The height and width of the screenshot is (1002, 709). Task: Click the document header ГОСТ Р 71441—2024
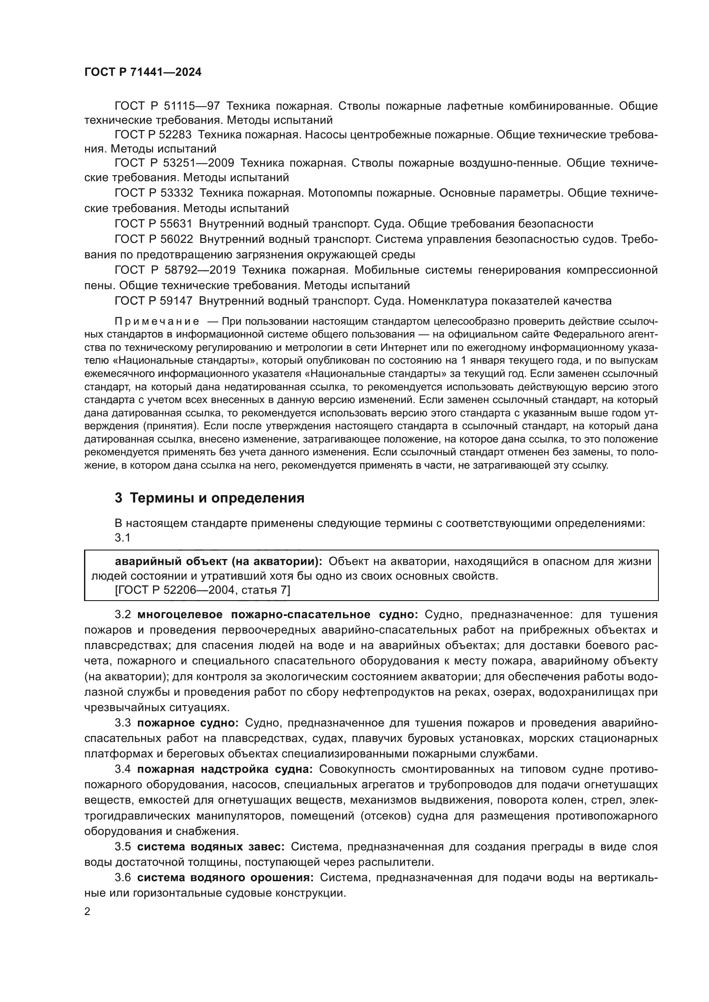coord(143,72)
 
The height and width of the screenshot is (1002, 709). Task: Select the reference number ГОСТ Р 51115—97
coord(167,106)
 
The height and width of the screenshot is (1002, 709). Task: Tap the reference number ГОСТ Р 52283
coord(154,135)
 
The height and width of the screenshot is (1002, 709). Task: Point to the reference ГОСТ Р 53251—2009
coord(174,163)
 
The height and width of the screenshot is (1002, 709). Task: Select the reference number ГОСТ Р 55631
coord(154,224)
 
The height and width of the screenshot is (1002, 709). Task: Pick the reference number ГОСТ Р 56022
coord(154,239)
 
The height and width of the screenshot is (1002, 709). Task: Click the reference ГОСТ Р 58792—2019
coord(174,270)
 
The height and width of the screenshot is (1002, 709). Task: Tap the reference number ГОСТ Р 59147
coord(154,301)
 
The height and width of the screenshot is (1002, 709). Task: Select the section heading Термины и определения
coord(216,498)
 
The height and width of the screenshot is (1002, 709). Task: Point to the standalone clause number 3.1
coord(123,538)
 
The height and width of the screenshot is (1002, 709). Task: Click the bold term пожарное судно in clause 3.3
coord(188,723)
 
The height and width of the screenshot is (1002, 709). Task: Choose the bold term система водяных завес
coord(211,846)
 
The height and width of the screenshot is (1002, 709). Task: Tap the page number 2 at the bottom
coord(87,912)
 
